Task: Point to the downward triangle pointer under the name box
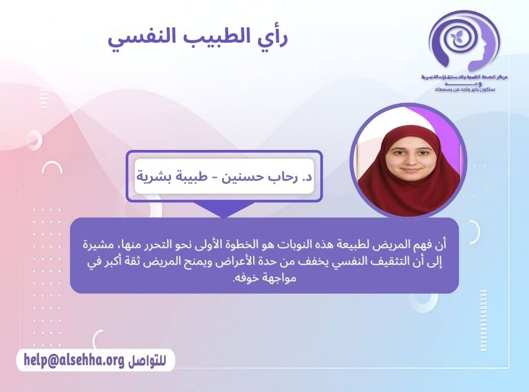tap(224, 211)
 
